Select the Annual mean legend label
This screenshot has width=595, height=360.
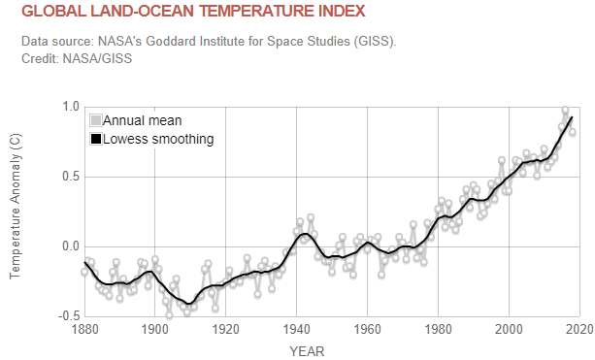coord(142,120)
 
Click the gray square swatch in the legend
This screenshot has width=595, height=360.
coord(95,120)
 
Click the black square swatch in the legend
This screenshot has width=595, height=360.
coord(95,139)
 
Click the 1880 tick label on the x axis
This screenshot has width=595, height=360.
coord(84,330)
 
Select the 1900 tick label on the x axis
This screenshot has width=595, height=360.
coord(155,330)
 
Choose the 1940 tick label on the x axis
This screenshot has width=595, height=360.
coord(297,330)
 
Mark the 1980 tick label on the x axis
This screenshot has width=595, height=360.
coord(439,330)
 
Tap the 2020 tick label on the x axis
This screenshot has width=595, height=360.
coord(579,330)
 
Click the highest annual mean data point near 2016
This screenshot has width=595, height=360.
coord(566,111)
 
